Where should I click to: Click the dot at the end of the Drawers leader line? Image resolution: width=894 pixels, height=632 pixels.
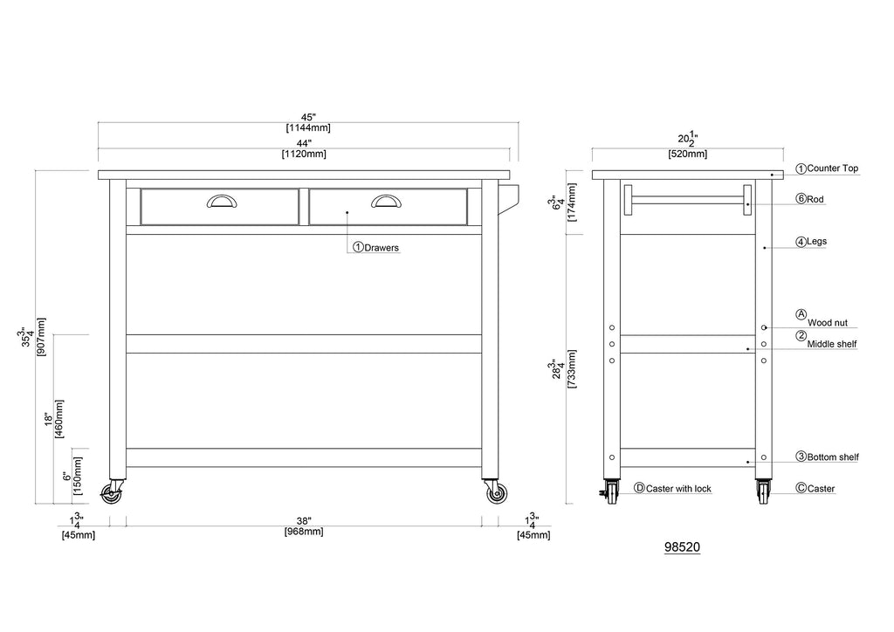[347, 212]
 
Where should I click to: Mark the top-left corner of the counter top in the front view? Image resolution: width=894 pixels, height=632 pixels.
[98, 171]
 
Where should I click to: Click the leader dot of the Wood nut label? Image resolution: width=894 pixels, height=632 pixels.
[766, 327]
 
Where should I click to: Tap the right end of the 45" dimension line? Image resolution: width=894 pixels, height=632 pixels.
[519, 122]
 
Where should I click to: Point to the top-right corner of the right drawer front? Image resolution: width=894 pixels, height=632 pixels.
[467, 189]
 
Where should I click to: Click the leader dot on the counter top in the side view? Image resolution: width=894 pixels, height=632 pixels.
[772, 175]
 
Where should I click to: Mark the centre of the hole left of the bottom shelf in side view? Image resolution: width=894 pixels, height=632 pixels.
[612, 457]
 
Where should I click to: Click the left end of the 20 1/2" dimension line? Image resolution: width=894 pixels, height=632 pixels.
[592, 148]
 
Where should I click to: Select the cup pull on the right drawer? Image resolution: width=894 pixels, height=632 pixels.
[386, 201]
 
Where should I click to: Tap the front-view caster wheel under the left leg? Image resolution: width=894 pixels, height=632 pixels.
[111, 494]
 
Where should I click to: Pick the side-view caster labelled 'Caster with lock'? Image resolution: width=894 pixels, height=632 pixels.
[612, 491]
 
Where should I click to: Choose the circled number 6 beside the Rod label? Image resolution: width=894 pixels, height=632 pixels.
[801, 199]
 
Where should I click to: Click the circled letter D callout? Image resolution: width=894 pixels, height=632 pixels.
[639, 488]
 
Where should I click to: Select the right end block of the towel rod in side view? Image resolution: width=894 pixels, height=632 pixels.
[747, 200]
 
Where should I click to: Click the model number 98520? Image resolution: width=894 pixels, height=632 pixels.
[682, 547]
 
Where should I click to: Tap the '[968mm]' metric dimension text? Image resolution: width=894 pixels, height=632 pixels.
[304, 532]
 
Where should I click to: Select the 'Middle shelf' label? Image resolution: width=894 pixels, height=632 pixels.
[832, 344]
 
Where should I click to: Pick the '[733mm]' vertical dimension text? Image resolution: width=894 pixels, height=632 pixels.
[572, 369]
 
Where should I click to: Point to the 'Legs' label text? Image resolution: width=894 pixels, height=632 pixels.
[816, 242]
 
